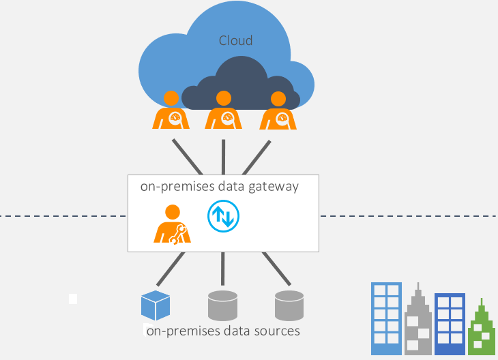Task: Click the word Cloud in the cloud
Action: pyautogui.click(x=235, y=41)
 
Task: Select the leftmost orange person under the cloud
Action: pyautogui.click(x=171, y=111)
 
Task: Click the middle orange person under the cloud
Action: pyautogui.click(x=224, y=111)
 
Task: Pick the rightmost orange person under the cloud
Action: pyautogui.click(x=277, y=111)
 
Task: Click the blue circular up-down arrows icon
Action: pyautogui.click(x=223, y=216)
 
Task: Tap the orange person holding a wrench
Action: pyautogui.click(x=172, y=224)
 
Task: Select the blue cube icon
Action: pyautogui.click(x=155, y=305)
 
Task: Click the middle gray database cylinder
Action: pyautogui.click(x=222, y=305)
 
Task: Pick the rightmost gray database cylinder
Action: pyautogui.click(x=289, y=305)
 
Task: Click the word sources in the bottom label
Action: pyautogui.click(x=276, y=331)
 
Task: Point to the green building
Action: pyautogui.click(x=482, y=331)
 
